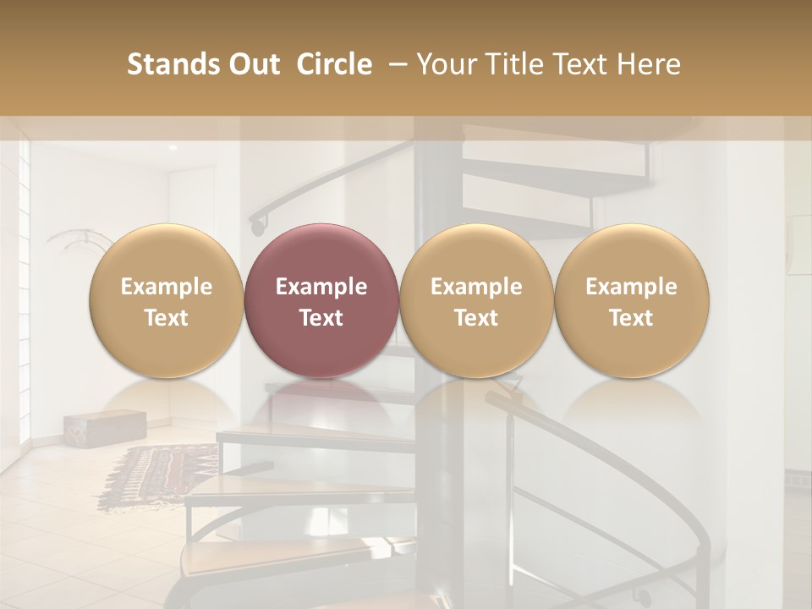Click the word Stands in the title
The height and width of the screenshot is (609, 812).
tap(172, 64)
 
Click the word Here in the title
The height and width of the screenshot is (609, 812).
tap(649, 64)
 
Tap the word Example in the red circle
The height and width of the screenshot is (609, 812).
tap(321, 287)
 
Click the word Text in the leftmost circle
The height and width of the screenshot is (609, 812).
tap(166, 318)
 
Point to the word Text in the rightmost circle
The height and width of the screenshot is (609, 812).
tap(631, 318)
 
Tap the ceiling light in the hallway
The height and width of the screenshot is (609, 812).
tap(173, 147)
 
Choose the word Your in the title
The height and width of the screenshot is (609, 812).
tap(444, 64)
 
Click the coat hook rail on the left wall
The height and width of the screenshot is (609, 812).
tap(72, 241)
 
